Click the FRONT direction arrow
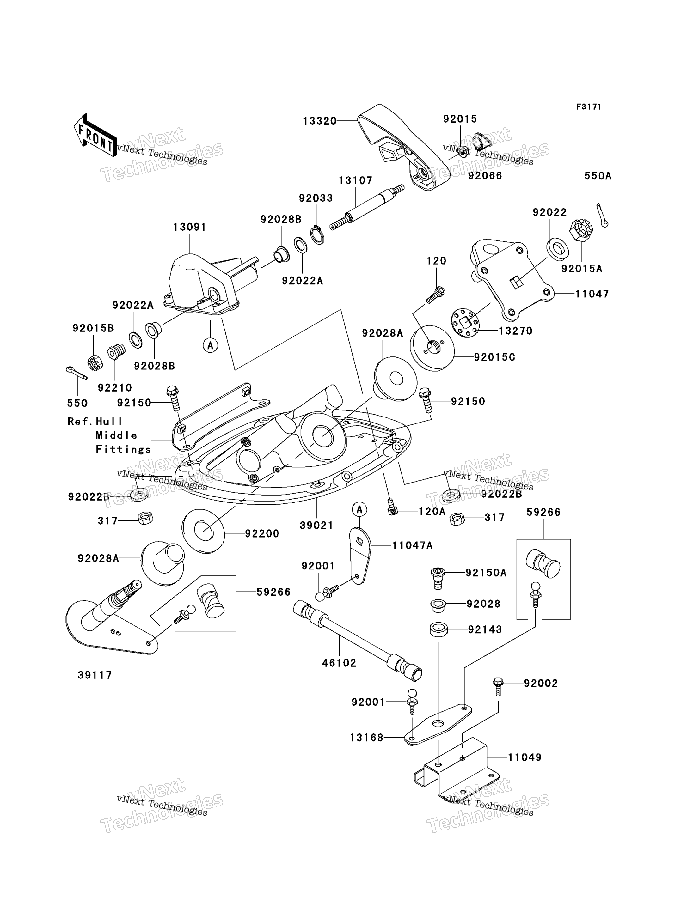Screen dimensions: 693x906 point(95,136)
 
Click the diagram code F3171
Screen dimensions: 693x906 point(589,107)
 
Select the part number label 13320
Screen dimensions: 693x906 point(320,121)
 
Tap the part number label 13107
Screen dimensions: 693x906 point(356,181)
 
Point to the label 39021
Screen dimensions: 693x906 point(316,526)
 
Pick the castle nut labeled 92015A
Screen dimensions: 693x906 point(581,231)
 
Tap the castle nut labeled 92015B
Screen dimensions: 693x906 point(95,362)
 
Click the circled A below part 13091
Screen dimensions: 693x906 point(210,345)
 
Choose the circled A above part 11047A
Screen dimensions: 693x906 point(359,510)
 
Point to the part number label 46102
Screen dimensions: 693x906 point(339,663)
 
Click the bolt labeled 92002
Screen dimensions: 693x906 point(498,686)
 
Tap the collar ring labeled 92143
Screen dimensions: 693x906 point(439,630)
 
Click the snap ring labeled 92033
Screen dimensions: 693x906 point(317,235)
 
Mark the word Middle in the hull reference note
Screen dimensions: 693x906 point(116,435)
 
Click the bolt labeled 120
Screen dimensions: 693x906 point(436,295)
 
